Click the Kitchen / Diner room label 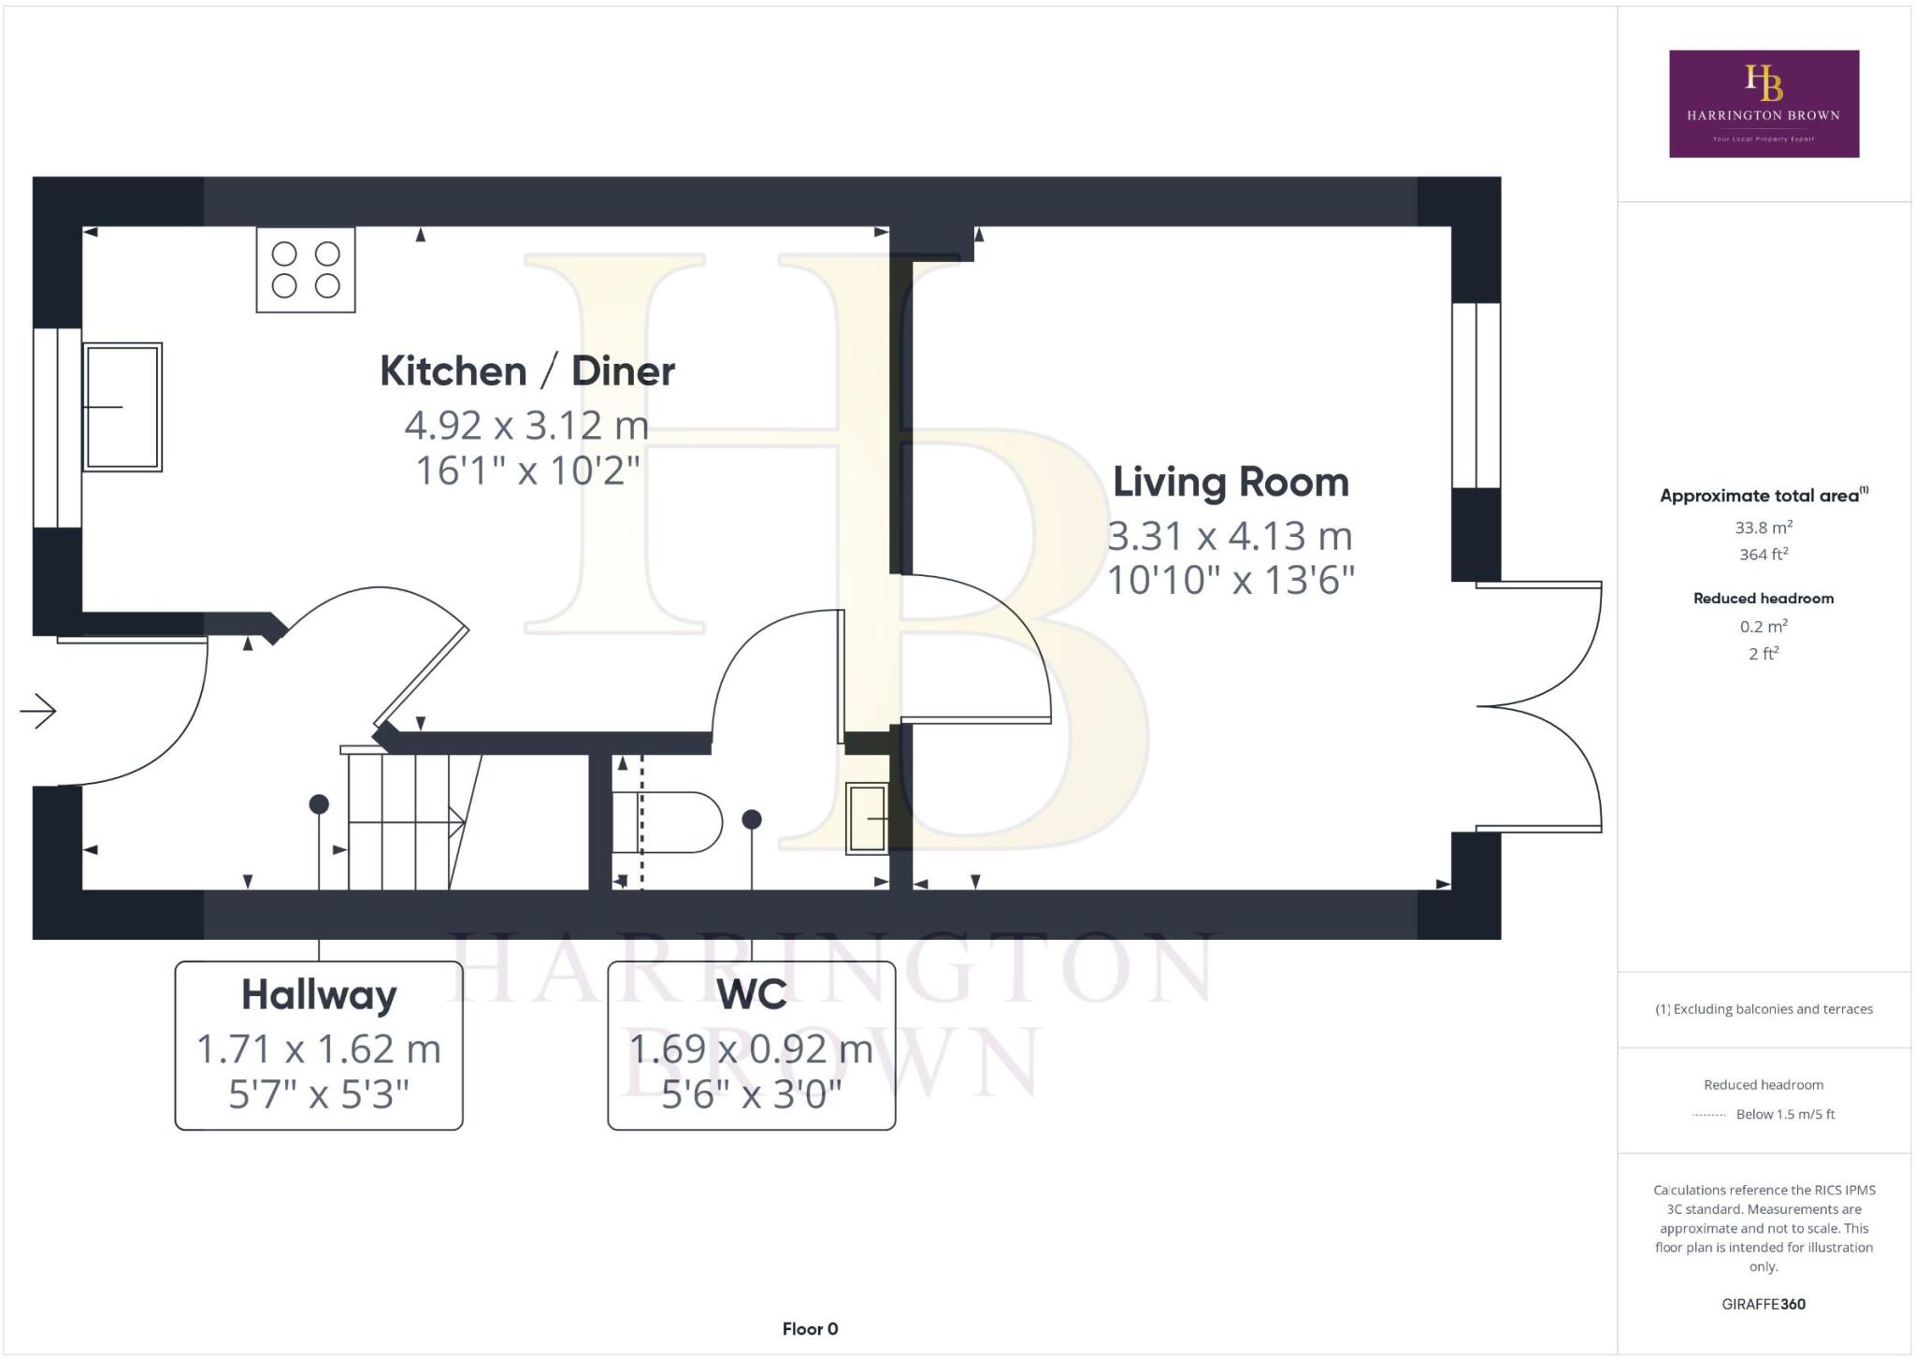526,371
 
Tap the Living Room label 1231,483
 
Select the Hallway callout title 319,995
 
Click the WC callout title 751,994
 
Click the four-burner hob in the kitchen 306,269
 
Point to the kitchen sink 122,407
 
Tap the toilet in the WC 667,822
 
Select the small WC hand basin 867,818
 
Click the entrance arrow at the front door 38,711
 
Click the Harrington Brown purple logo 1764,104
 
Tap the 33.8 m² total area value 1764,528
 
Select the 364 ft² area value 1764,555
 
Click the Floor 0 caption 810,1329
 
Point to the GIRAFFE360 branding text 1764,1304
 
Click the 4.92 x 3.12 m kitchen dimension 526,426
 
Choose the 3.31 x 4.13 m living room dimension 1231,536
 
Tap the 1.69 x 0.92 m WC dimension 751,1048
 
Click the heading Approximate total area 1764,496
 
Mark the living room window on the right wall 1476,395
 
